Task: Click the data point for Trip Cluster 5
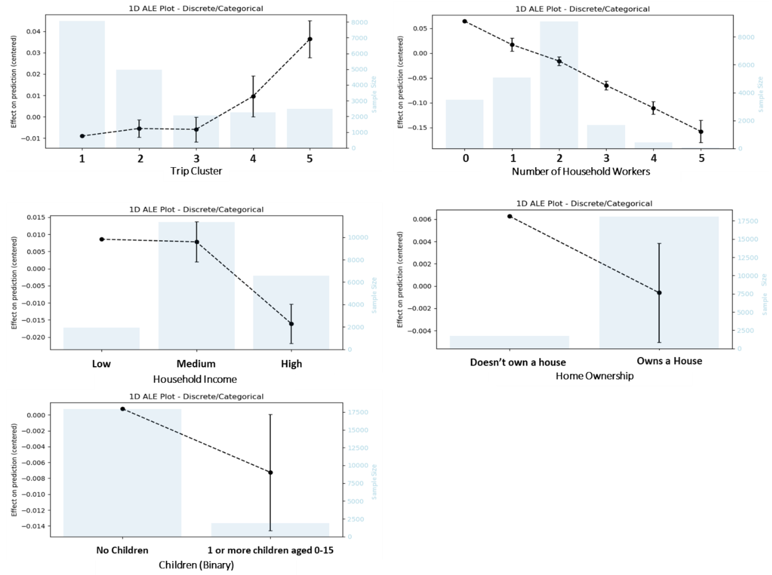pos(310,39)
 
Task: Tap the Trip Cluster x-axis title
pos(196,171)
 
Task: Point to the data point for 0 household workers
pos(465,21)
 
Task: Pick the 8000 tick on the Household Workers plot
pos(747,37)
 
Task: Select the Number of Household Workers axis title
pos(581,171)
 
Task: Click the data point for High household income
pos(291,324)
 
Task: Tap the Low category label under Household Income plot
pos(101,364)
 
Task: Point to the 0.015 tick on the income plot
pos(36,218)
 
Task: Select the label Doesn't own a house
pos(518,362)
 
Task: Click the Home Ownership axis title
pos(594,376)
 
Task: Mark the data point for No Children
pos(123,409)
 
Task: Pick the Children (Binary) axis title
pos(196,565)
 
